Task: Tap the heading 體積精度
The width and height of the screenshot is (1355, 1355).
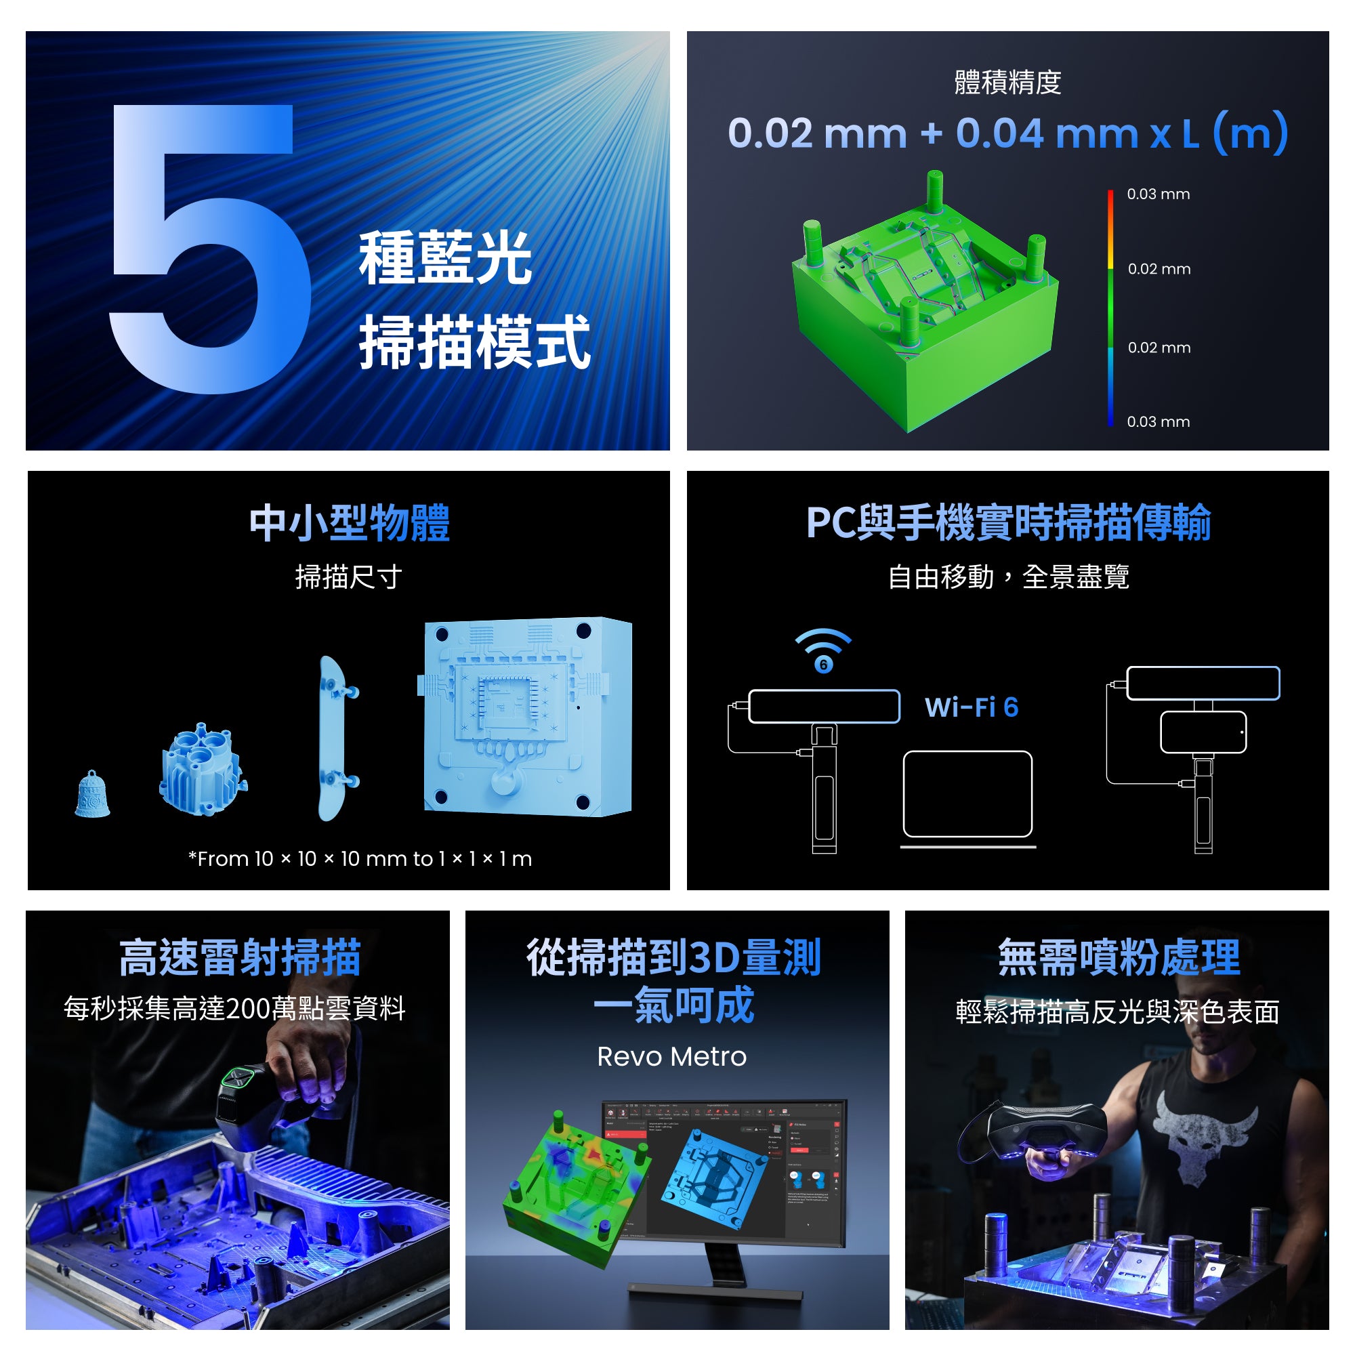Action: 1007,83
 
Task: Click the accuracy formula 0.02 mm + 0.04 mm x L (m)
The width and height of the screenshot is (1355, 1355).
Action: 1007,133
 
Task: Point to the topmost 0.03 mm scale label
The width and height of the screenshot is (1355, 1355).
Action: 1158,194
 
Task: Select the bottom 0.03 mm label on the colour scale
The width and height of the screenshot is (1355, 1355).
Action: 1158,421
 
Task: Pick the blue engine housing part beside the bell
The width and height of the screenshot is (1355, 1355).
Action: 202,770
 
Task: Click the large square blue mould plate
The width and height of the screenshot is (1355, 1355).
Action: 527,717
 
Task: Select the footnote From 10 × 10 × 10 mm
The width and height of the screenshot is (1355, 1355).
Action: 360,859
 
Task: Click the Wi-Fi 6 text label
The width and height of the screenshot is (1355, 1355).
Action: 971,707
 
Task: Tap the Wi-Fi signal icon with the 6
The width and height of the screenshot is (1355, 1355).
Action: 822,650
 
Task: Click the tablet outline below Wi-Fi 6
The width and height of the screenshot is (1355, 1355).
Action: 967,794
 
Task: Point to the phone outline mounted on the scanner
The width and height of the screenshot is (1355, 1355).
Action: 1202,732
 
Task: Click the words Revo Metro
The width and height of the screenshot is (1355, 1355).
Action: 671,1057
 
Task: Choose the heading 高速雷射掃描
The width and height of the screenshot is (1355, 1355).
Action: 240,957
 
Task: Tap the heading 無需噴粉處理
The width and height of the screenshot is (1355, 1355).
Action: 1119,957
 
